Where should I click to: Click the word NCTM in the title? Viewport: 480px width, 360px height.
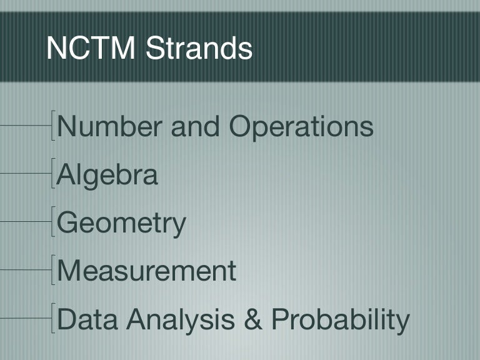pos(91,48)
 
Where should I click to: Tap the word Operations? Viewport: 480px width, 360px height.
pos(301,127)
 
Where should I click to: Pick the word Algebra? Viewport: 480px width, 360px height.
pos(107,175)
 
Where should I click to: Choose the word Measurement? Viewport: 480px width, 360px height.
pos(146,271)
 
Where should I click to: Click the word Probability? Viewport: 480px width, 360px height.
pos(340,319)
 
